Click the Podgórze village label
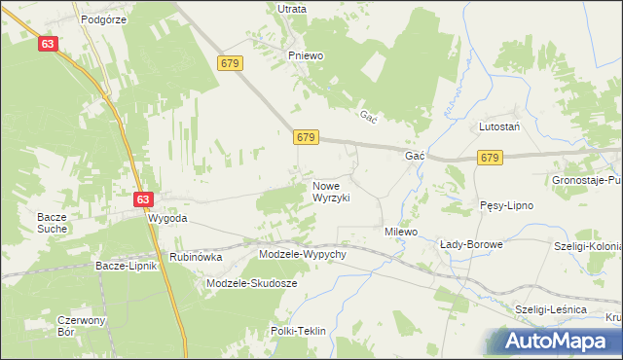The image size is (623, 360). (104, 18)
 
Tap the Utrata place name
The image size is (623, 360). (292, 9)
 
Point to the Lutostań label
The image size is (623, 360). (498, 127)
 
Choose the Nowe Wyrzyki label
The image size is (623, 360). (330, 191)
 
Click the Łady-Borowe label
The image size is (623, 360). (471, 244)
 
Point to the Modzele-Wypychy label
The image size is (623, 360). (303, 254)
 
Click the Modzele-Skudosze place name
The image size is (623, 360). (251, 283)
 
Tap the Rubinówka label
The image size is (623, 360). (196, 257)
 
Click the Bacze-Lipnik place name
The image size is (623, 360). (127, 265)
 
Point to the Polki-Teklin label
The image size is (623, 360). (298, 331)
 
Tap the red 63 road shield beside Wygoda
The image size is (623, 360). (143, 199)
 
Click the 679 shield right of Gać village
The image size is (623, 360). (490, 157)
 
